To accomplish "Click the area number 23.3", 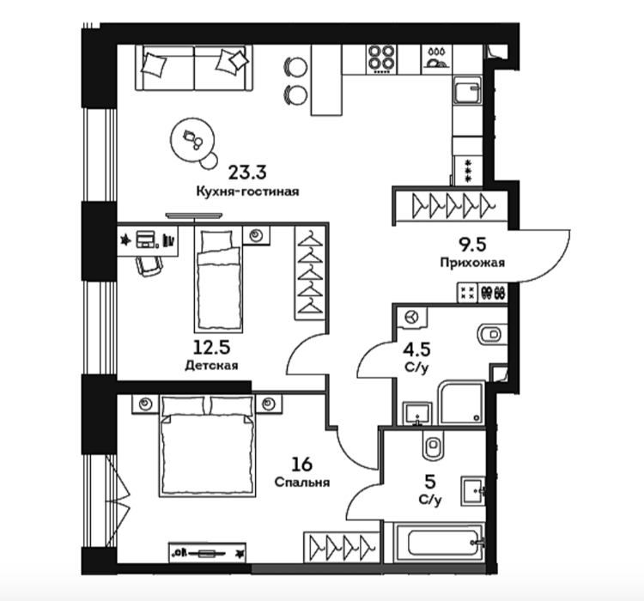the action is (247, 173).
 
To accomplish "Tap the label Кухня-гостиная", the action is (247, 191).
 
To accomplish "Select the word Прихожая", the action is (472, 263).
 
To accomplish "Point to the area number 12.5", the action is (211, 348).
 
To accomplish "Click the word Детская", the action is (211, 365).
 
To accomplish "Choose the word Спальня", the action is (302, 482).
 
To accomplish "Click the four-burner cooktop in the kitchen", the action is (381, 59).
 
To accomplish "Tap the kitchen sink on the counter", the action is (468, 90).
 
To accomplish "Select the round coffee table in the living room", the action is (192, 140).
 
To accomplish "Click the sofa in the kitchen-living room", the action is (194, 68).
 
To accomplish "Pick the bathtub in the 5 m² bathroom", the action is (439, 543).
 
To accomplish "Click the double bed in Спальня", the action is (207, 446).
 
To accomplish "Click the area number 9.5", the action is (472, 245).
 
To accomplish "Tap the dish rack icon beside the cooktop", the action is (436, 59).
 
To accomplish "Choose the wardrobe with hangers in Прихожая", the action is (451, 204).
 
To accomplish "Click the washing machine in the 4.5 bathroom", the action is (412, 318).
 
